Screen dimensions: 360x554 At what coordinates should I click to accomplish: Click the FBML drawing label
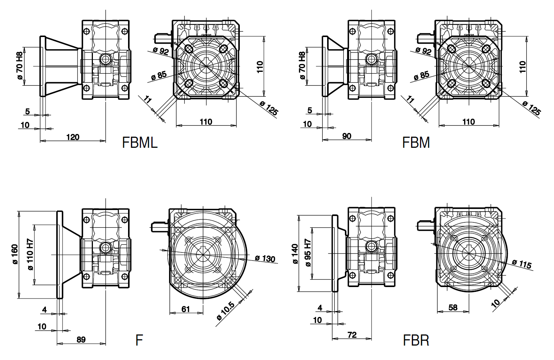tap(140, 143)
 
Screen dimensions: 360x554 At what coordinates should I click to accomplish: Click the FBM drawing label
tap(416, 143)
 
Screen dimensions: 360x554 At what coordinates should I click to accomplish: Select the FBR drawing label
tap(416, 340)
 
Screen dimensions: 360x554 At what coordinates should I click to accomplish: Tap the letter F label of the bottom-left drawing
tap(139, 340)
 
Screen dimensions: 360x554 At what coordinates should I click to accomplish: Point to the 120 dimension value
tap(73, 137)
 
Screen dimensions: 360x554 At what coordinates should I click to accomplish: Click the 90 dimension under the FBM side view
tap(347, 136)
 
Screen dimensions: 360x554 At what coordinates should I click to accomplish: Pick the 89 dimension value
tap(81, 339)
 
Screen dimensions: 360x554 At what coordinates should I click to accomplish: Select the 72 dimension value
tap(352, 335)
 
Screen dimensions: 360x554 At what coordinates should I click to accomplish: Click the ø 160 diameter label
tap(15, 254)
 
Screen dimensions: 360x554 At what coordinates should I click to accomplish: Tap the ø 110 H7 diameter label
tap(30, 254)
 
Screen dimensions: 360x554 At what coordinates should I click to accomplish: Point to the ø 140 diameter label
tap(295, 254)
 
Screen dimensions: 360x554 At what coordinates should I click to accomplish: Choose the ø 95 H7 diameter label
tap(308, 254)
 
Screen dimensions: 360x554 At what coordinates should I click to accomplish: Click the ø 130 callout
tap(265, 258)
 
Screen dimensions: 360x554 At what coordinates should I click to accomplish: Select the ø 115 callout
tap(522, 264)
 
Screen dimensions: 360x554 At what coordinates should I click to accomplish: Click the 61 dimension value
tap(186, 309)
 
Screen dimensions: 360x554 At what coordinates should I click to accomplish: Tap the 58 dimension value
tap(453, 307)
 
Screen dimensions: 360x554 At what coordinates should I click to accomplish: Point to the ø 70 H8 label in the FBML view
tap(19, 66)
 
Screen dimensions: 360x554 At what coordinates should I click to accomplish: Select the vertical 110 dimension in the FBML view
tap(260, 67)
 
